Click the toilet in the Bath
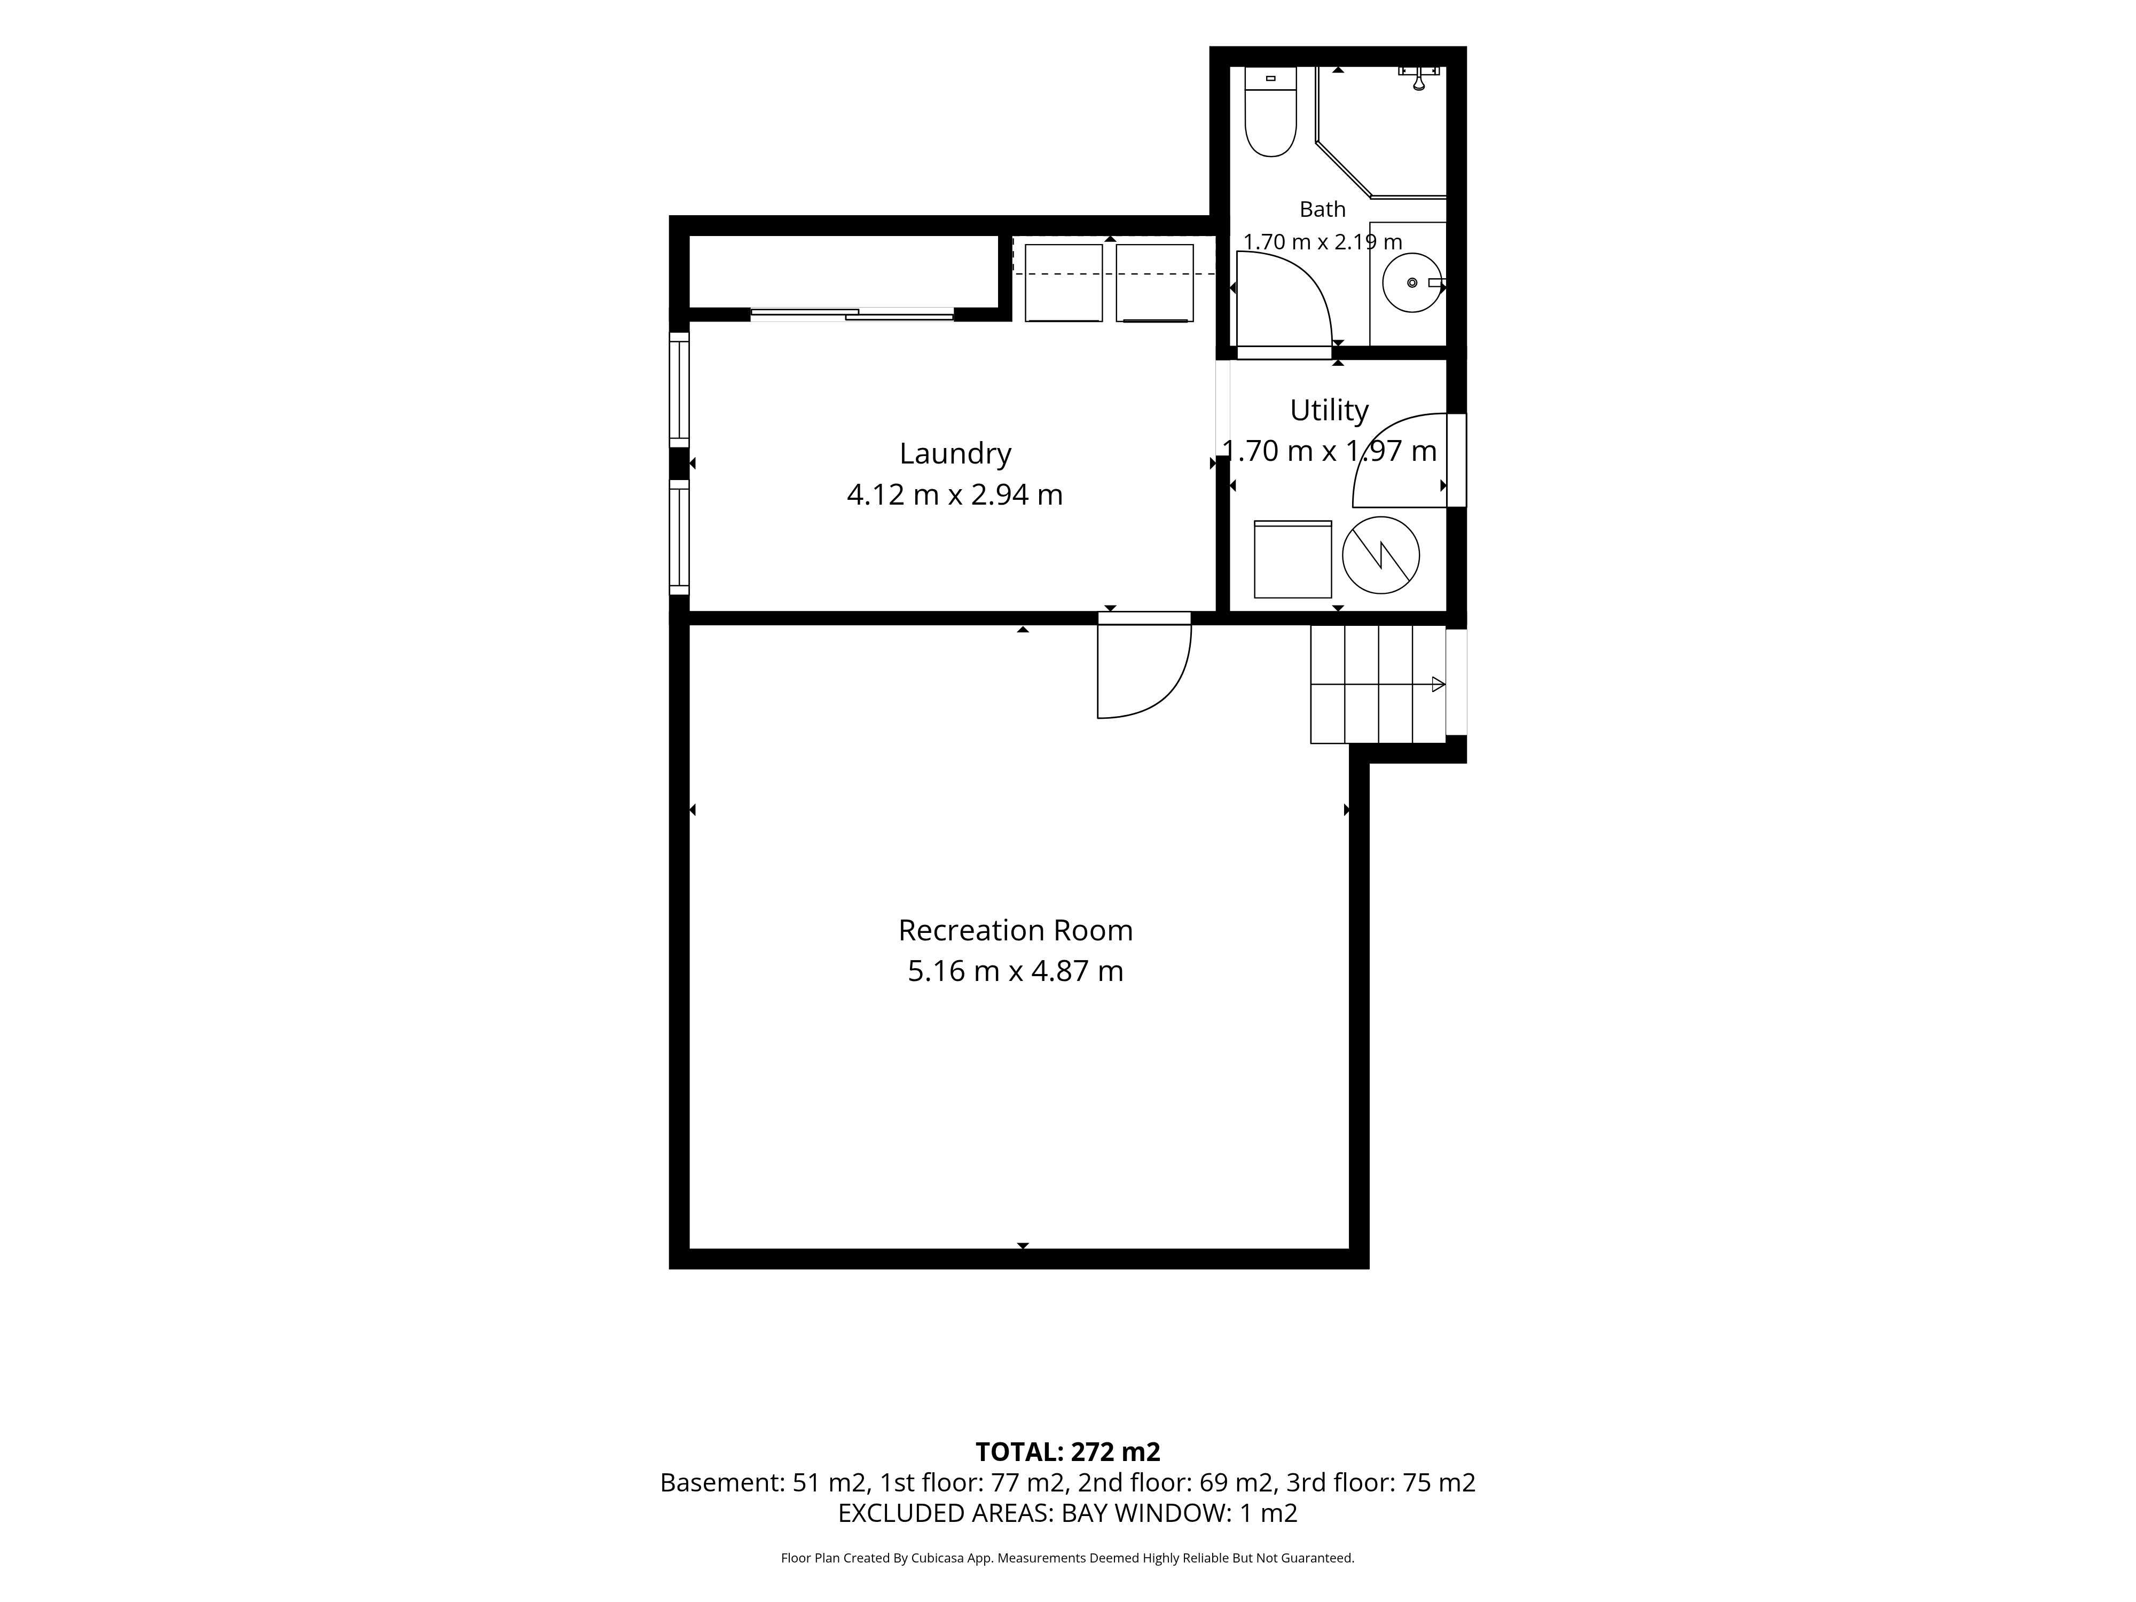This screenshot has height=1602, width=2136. pyautogui.click(x=1270, y=111)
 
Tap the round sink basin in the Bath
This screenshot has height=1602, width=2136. pyautogui.click(x=1412, y=283)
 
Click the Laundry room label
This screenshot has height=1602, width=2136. pyautogui.click(x=955, y=453)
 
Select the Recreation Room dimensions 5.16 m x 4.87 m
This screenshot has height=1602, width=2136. pyautogui.click(x=1015, y=970)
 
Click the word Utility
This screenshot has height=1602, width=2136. pyautogui.click(x=1329, y=411)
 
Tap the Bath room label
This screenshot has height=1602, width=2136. pyautogui.click(x=1322, y=209)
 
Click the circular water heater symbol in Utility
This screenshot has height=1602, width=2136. pyautogui.click(x=1381, y=555)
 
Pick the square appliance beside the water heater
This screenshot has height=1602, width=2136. pyautogui.click(x=1292, y=559)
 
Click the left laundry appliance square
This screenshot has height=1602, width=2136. pyautogui.click(x=1063, y=283)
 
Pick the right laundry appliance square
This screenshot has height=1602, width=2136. pyautogui.click(x=1155, y=283)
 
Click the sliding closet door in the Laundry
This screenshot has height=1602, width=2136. pyautogui.click(x=853, y=314)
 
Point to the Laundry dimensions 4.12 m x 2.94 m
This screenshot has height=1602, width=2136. pyautogui.click(x=955, y=494)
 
